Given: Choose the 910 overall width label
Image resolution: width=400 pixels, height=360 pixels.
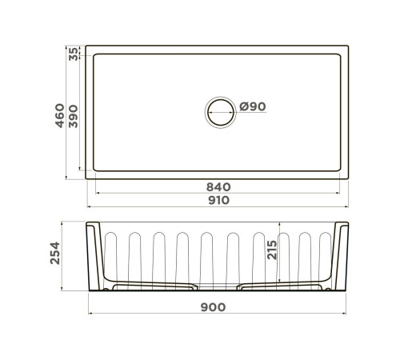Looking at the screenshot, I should coord(218,200).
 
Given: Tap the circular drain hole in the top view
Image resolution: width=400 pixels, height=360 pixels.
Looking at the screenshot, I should coord(222,110).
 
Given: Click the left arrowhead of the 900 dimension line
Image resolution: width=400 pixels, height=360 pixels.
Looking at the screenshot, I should coord(89,314).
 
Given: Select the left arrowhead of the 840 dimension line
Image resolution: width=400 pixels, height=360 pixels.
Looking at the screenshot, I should coord(98,192).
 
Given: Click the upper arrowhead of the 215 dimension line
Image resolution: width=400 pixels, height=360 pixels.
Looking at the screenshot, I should coord(279,227).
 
